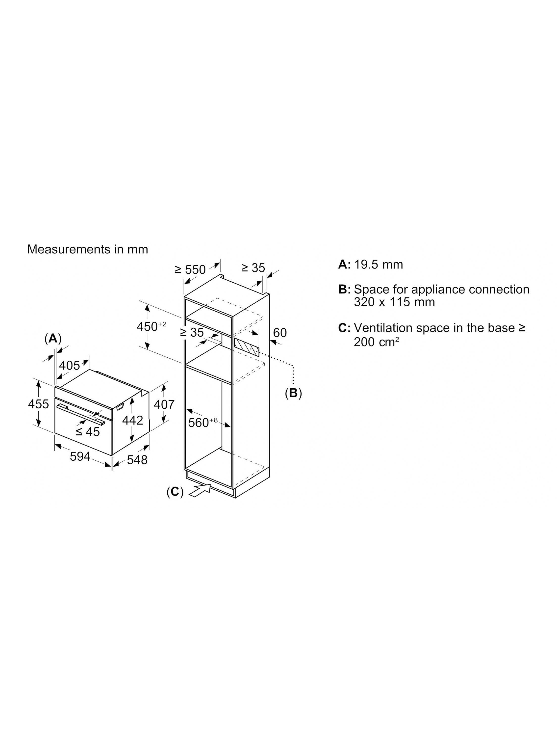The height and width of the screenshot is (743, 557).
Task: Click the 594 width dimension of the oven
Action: (x=80, y=456)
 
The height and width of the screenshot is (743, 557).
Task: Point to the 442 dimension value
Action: (x=133, y=420)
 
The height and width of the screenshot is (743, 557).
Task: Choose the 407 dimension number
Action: (x=164, y=404)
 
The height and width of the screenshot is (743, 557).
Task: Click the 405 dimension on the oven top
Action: (x=70, y=366)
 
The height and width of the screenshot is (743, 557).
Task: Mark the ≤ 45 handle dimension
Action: (x=88, y=432)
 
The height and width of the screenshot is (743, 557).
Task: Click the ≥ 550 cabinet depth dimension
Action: (x=190, y=269)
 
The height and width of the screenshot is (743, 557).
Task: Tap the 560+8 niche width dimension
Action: (x=203, y=422)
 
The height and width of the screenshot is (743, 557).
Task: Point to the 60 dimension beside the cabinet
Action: (x=280, y=333)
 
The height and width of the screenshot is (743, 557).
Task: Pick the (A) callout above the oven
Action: (x=53, y=339)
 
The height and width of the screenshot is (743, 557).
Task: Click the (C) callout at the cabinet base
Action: (x=175, y=492)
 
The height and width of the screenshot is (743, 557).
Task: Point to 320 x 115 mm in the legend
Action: (x=394, y=302)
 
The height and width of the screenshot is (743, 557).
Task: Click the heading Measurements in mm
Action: (x=88, y=249)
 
